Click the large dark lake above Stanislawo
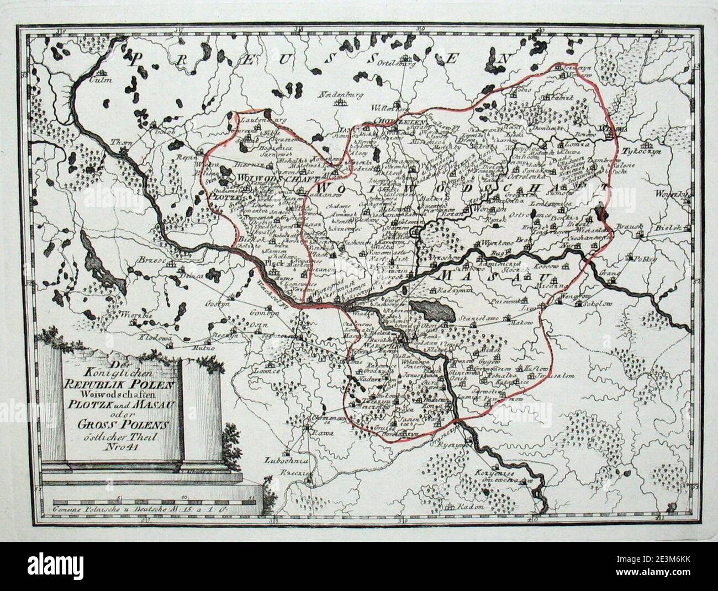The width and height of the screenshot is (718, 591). tap(433, 311)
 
